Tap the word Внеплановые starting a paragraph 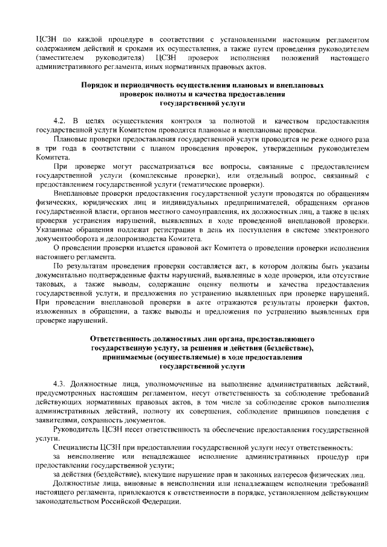(77, 193)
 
